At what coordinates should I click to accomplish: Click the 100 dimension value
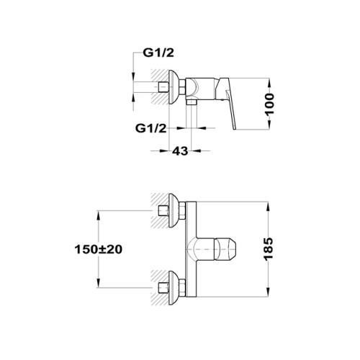pyautogui.click(x=270, y=104)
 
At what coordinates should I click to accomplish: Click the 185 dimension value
pyautogui.click(x=269, y=248)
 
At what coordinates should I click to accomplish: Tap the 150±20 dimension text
pyautogui.click(x=99, y=249)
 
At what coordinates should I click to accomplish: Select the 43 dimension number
pyautogui.click(x=180, y=151)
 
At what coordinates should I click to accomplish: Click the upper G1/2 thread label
pyautogui.click(x=158, y=53)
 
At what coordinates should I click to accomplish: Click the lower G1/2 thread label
pyautogui.click(x=150, y=129)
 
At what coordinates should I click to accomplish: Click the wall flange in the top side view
pyautogui.click(x=174, y=87)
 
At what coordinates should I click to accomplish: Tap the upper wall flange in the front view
pyautogui.click(x=174, y=210)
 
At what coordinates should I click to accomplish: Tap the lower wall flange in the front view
pyautogui.click(x=174, y=288)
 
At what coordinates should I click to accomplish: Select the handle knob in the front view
pyautogui.click(x=225, y=249)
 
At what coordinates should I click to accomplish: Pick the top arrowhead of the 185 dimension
pyautogui.click(x=269, y=206)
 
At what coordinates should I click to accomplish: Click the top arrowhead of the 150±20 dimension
pyautogui.click(x=98, y=215)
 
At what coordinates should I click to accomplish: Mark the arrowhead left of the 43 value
pyautogui.click(x=164, y=151)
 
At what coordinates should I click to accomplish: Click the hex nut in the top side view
pyautogui.click(x=182, y=87)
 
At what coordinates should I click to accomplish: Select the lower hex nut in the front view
pyautogui.click(x=182, y=288)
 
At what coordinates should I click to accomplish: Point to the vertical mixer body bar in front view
pyautogui.click(x=191, y=249)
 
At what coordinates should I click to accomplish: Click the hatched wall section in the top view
pyautogui.click(x=160, y=87)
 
